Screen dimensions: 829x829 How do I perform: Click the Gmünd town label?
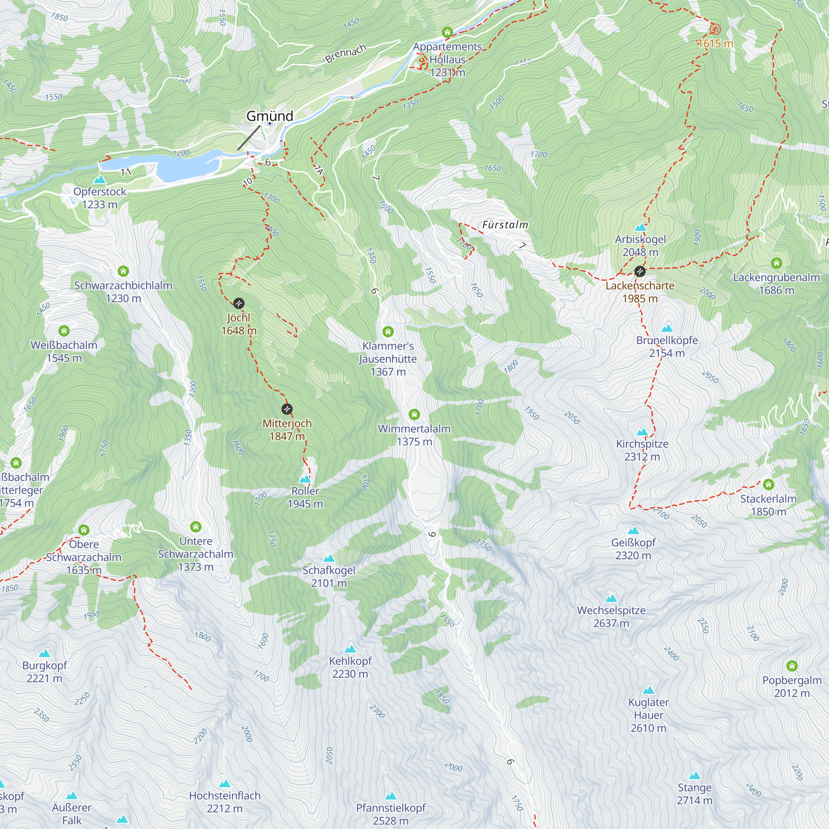[x=269, y=116]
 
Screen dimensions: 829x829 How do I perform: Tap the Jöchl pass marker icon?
[x=239, y=303]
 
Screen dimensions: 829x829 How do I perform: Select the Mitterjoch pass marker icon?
[x=287, y=409]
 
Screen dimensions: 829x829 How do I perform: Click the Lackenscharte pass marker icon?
[x=640, y=271]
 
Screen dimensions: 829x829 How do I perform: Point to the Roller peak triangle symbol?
[x=305, y=479]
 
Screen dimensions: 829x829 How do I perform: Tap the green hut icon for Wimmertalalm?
[x=414, y=414]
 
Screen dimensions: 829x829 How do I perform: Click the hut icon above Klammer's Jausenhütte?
[x=388, y=331]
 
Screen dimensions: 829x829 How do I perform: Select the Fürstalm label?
[x=505, y=225]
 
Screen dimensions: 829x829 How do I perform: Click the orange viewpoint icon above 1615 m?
[x=715, y=29]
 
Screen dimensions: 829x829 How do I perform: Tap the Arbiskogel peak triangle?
[x=640, y=228]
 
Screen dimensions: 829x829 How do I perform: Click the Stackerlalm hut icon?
[x=768, y=485]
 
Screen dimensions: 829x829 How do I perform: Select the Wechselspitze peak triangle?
[x=611, y=599]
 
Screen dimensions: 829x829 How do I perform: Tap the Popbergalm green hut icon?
[x=792, y=666]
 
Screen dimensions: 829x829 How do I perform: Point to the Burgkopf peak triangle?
[x=45, y=654]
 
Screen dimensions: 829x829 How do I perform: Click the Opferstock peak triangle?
[x=99, y=180]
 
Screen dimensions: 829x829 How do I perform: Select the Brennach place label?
[x=345, y=53]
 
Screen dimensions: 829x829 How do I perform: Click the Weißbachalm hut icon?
[x=64, y=331]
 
